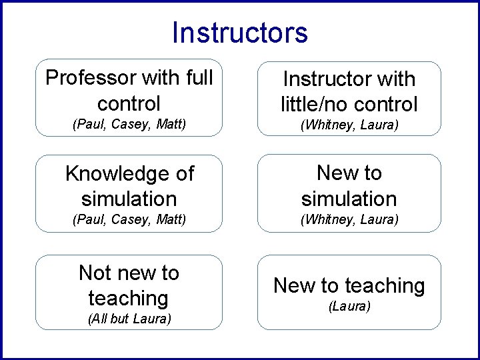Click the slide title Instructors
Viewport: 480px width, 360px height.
click(240, 33)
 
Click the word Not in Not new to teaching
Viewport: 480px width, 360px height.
click(94, 273)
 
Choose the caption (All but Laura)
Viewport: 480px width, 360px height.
click(129, 319)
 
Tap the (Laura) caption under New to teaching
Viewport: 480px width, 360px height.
click(349, 306)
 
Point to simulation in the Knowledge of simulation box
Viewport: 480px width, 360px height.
click(129, 199)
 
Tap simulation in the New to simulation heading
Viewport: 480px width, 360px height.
click(349, 199)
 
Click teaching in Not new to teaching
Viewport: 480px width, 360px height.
click(128, 298)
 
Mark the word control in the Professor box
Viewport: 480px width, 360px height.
click(129, 103)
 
